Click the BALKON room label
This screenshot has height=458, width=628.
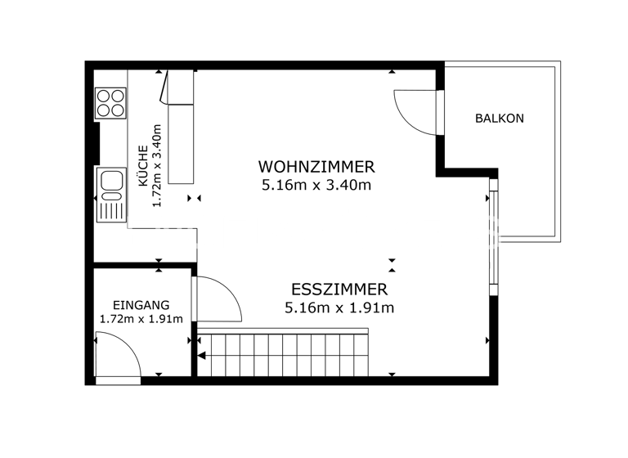pyautogui.click(x=499, y=119)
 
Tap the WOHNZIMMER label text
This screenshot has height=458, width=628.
pyautogui.click(x=316, y=167)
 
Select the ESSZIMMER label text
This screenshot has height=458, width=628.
pyautogui.click(x=339, y=290)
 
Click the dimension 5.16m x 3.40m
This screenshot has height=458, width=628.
pyautogui.click(x=316, y=185)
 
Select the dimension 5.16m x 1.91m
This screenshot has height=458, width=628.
pyautogui.click(x=339, y=308)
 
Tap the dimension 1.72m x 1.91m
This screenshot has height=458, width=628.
pyautogui.click(x=141, y=319)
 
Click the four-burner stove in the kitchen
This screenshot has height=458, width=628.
pyautogui.click(x=110, y=103)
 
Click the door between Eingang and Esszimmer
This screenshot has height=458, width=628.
pyautogui.click(x=218, y=301)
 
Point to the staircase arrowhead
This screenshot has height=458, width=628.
pyautogui.click(x=201, y=355)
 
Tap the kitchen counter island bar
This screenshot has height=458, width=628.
pyautogui.click(x=180, y=131)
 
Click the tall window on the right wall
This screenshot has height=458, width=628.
pyautogui.click(x=492, y=237)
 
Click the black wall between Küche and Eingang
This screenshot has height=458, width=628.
pyautogui.click(x=143, y=266)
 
